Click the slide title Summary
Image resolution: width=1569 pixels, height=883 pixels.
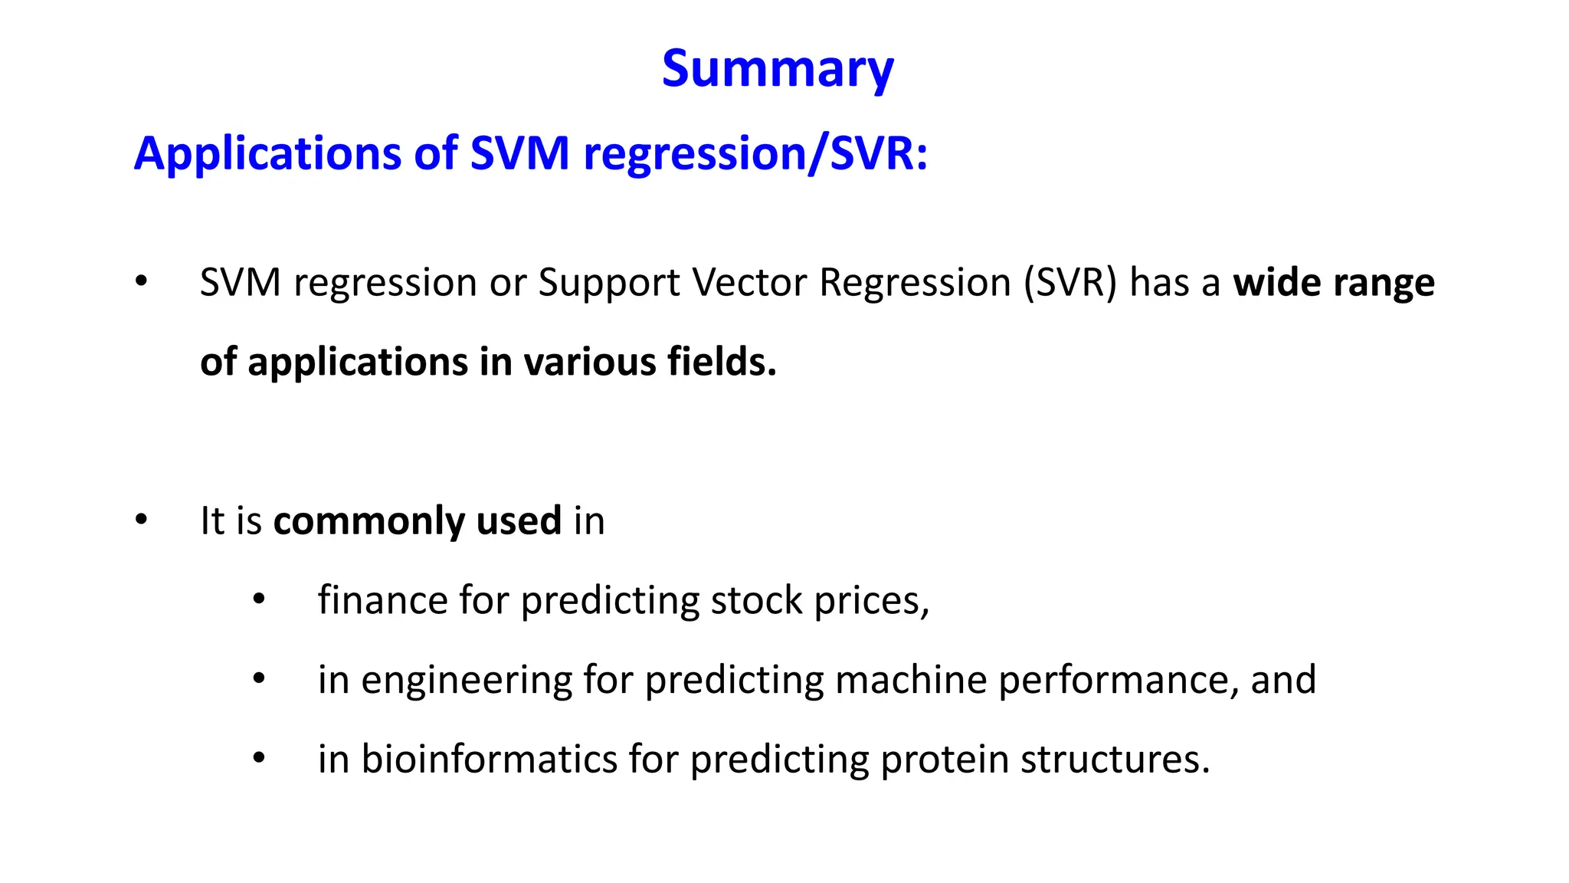[778, 69]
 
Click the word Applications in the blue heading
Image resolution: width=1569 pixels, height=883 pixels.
[267, 153]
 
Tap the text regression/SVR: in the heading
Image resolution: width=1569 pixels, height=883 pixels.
[755, 153]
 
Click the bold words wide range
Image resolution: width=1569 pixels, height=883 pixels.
[1333, 282]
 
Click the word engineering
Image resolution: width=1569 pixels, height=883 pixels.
[466, 680]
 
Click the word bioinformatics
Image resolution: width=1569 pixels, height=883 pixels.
[489, 760]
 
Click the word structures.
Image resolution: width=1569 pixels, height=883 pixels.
[1115, 760]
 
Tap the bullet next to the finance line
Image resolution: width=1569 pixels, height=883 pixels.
[259, 599]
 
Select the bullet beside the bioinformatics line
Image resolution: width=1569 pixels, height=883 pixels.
[259, 758]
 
